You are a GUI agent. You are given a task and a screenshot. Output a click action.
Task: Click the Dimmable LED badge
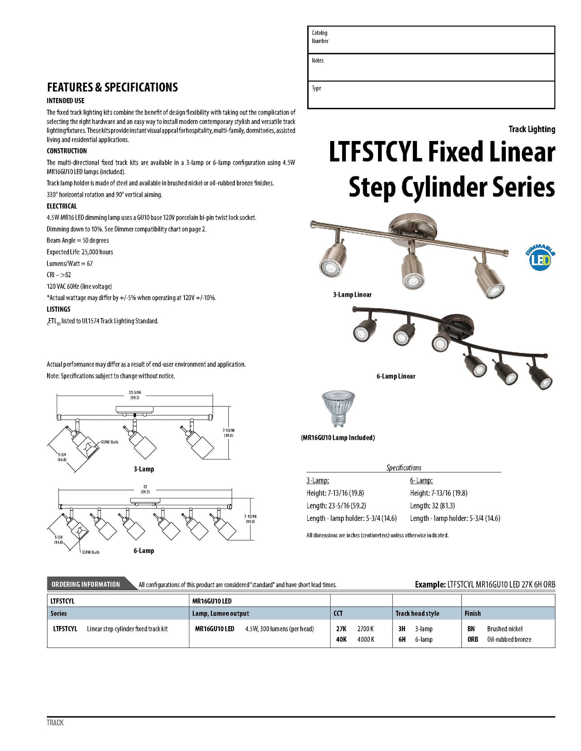tap(540, 257)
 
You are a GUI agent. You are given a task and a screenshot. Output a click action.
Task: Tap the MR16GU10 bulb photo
tap(339, 410)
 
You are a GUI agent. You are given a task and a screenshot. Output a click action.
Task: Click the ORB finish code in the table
tap(472, 639)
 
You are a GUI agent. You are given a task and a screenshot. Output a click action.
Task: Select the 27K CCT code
tap(341, 629)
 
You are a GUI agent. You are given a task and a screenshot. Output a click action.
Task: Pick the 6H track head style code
tap(402, 639)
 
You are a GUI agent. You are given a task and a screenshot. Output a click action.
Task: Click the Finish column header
tap(472, 613)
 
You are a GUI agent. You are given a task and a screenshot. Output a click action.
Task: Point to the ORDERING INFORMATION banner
tap(86, 584)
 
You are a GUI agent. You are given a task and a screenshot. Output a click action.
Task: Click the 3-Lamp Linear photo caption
tap(352, 295)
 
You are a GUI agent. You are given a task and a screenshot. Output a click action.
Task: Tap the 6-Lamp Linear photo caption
tap(396, 376)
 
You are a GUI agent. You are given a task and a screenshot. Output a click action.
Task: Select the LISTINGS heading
tap(58, 309)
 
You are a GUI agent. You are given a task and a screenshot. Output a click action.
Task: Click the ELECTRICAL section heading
tap(62, 206)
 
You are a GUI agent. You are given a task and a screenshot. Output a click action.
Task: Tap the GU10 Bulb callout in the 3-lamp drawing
tap(109, 442)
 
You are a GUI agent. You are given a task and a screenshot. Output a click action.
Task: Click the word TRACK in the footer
tap(55, 722)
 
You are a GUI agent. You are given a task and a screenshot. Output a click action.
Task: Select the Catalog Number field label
tap(320, 37)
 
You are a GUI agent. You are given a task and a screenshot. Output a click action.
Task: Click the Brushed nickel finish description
tap(505, 629)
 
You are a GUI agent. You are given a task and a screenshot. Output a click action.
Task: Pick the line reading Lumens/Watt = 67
tap(70, 263)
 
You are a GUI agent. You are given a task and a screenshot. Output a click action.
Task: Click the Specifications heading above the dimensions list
tap(404, 468)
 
